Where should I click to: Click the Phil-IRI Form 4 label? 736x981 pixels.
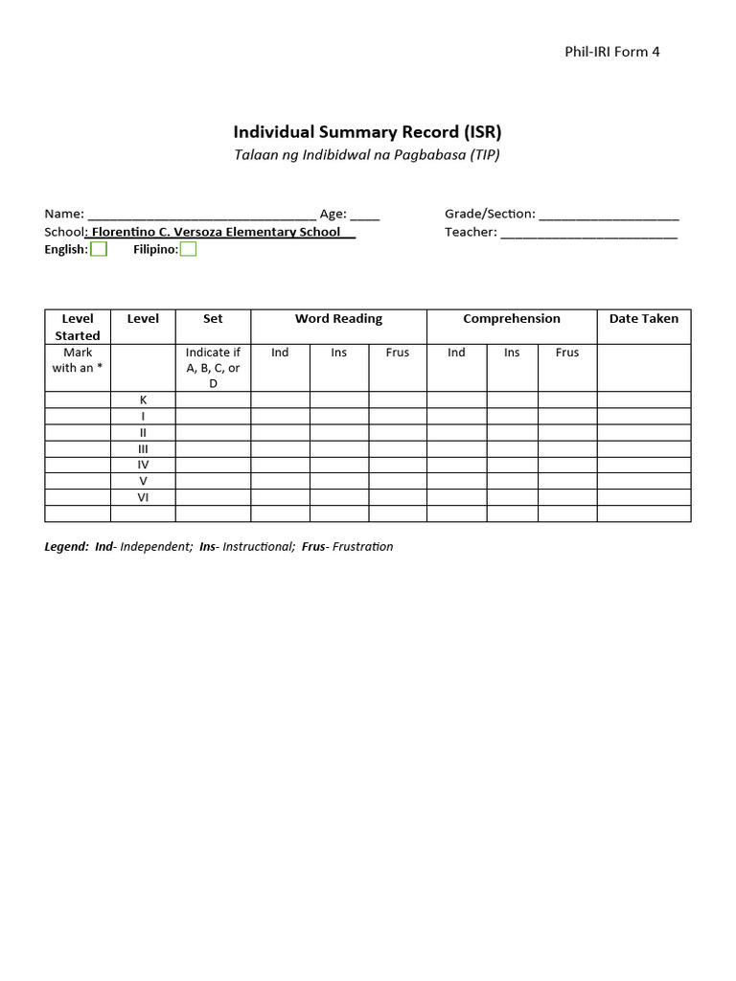pos(612,52)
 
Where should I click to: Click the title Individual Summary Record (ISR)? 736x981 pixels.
pos(368,131)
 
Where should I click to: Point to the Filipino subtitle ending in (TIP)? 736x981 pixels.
pos(368,154)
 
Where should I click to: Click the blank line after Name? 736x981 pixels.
pos(201,215)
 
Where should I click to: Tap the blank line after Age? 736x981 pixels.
pos(365,215)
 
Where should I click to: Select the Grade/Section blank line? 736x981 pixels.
pos(609,215)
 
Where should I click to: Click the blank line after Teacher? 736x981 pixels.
pos(588,232)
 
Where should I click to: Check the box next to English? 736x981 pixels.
pos(99,249)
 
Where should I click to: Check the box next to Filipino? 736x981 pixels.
pos(189,249)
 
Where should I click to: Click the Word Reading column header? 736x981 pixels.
pos(338,319)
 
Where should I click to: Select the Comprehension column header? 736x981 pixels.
pos(512,319)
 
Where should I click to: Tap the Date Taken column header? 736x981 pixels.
pos(643,319)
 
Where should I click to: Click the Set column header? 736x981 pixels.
pos(213,319)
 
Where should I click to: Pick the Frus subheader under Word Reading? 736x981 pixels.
pos(398,353)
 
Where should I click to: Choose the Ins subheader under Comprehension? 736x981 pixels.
pos(512,353)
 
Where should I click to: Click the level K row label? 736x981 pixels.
pos(143,399)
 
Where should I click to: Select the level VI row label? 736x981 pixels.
pos(143,497)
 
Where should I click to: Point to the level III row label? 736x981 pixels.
pos(143,448)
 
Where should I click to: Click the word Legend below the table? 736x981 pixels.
pos(66,547)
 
